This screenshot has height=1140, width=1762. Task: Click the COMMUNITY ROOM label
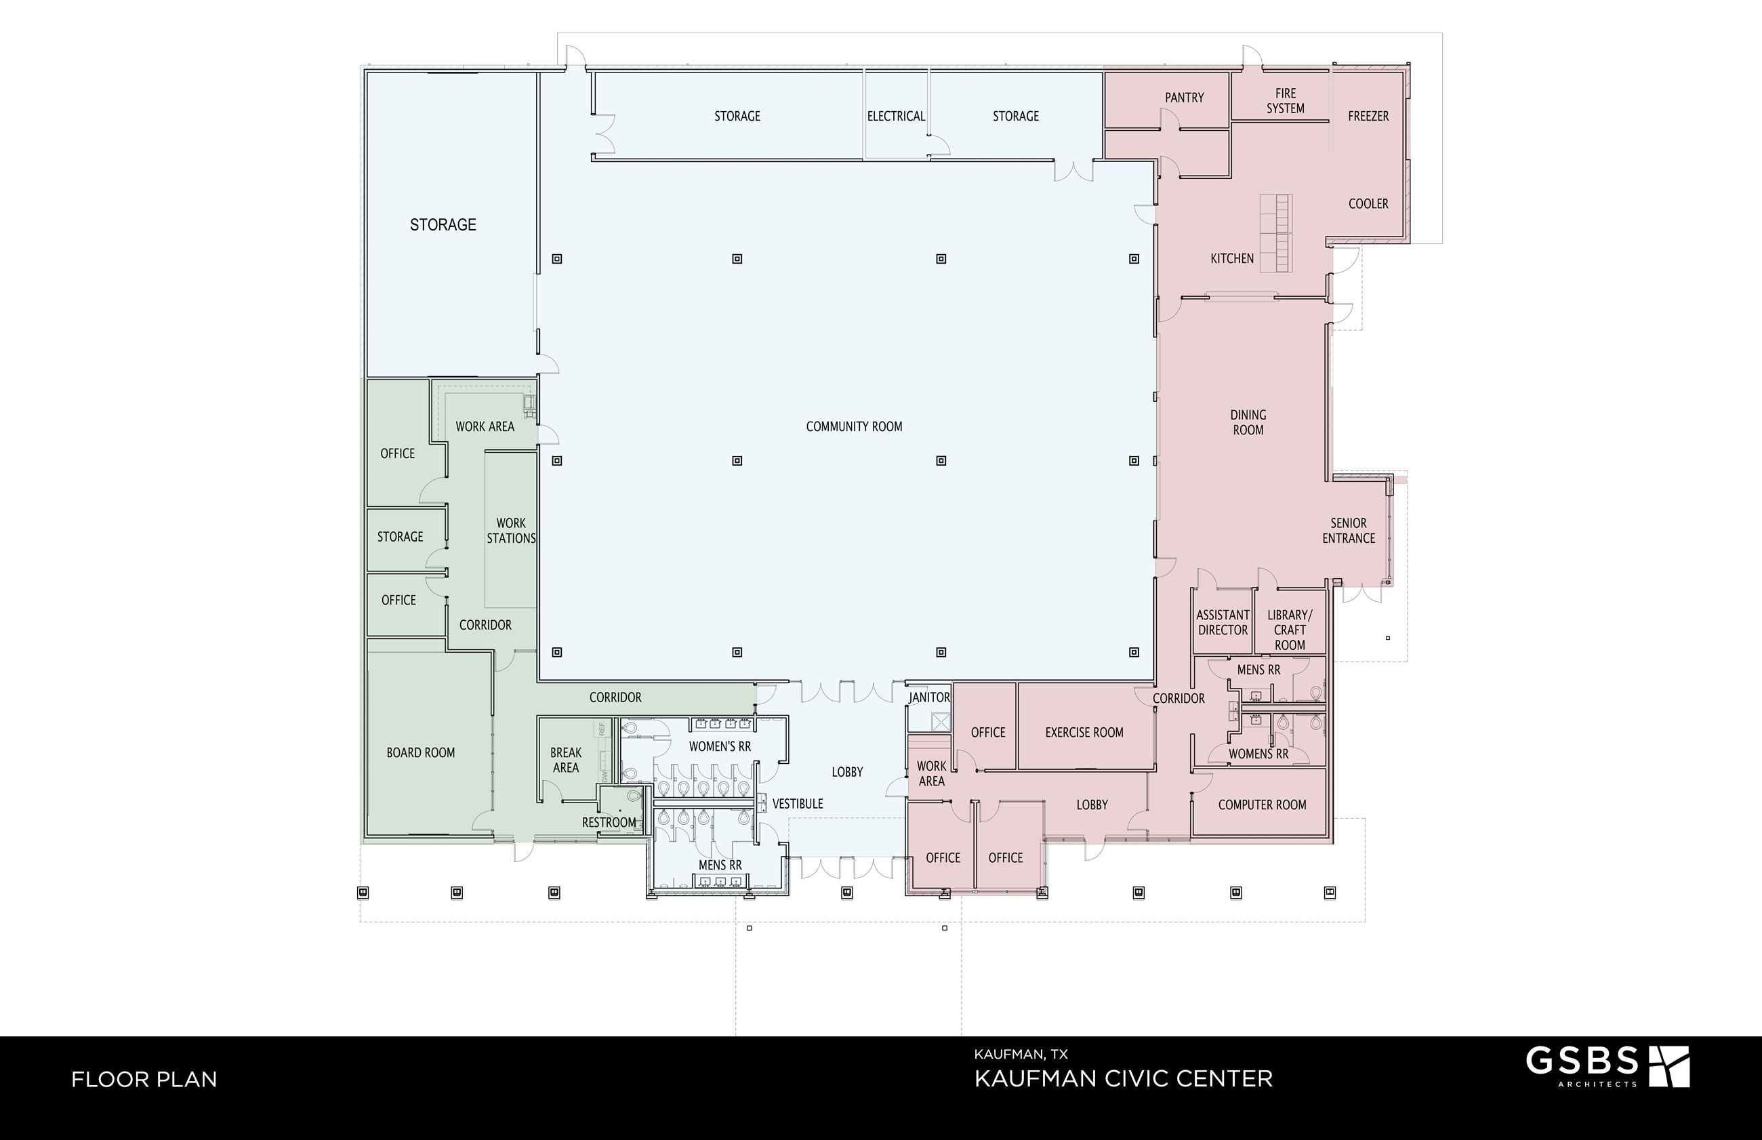[x=854, y=426]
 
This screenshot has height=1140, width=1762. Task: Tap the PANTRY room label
[x=1184, y=98]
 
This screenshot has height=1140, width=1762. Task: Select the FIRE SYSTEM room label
[x=1286, y=101]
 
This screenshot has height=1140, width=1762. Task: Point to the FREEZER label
[x=1368, y=116]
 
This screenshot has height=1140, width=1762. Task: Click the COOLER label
[x=1368, y=203]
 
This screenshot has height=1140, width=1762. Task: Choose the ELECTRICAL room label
[x=896, y=116]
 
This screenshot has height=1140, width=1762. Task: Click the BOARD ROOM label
[x=420, y=753]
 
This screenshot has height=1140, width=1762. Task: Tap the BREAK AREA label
[x=566, y=760]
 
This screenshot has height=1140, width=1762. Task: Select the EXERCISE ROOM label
[x=1084, y=732]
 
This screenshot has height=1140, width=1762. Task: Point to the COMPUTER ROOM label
[x=1262, y=805]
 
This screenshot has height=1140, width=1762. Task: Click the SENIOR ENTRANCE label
[x=1349, y=531]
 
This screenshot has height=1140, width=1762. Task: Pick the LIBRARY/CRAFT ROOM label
[x=1290, y=630]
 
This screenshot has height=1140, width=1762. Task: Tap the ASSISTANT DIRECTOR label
[x=1223, y=623]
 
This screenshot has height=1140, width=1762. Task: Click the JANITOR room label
[x=930, y=697]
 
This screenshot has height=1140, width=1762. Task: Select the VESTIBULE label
[x=798, y=804]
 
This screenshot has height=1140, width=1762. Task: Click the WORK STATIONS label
[x=510, y=531]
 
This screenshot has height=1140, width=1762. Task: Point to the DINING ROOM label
[x=1248, y=423]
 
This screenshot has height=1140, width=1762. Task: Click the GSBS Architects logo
[x=1607, y=1067]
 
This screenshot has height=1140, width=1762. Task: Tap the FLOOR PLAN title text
[x=144, y=1079]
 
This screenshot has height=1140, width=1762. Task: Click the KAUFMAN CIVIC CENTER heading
[x=1124, y=1078]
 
